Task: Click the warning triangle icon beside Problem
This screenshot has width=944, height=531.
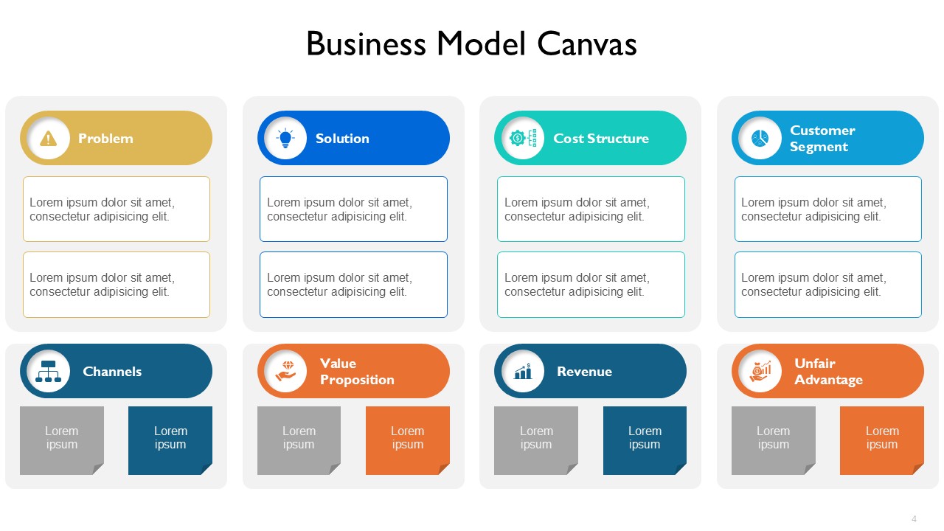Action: click(49, 138)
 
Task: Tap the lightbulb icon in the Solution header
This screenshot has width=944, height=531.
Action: click(285, 138)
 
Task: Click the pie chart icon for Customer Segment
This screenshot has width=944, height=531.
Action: click(760, 138)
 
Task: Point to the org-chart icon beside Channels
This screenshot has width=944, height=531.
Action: click(49, 371)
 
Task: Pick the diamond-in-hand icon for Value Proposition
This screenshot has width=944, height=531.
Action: click(285, 371)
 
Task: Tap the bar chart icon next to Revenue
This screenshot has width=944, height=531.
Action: click(523, 371)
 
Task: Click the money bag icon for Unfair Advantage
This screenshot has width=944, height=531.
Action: click(760, 371)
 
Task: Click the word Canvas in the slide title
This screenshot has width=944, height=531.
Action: click(587, 44)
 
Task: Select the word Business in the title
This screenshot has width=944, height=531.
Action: click(367, 44)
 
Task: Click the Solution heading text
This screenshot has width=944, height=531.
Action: click(342, 138)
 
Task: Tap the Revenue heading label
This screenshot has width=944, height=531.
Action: click(585, 371)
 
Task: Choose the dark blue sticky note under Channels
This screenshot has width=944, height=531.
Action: click(170, 440)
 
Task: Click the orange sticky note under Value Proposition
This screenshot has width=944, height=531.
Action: click(408, 440)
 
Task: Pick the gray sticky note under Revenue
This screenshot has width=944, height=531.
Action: click(536, 440)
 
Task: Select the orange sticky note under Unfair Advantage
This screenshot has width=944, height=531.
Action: click(882, 440)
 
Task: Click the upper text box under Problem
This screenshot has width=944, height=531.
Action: click(117, 209)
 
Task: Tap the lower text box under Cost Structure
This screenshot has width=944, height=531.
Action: click(591, 285)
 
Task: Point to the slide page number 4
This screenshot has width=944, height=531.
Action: click(914, 518)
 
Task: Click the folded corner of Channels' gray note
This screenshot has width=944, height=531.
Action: click(99, 468)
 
